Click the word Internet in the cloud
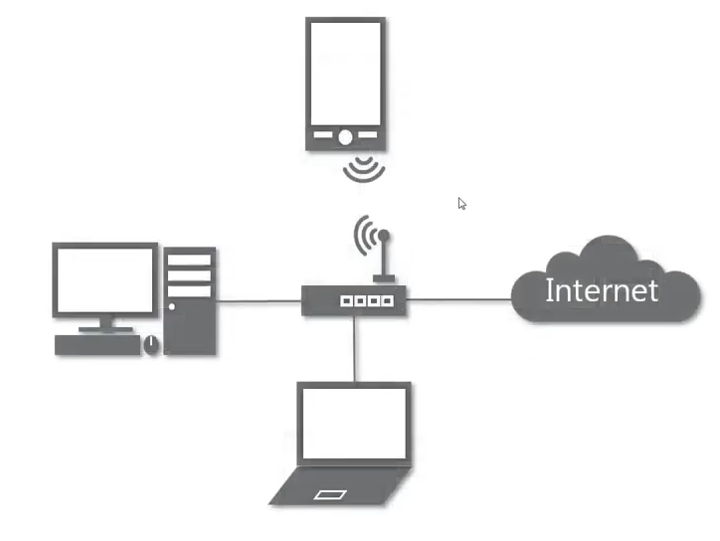click(x=601, y=290)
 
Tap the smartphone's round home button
click(x=344, y=137)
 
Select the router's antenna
click(x=384, y=257)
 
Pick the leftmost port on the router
click(x=346, y=299)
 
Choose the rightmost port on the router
click(x=389, y=299)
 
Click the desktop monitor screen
click(x=104, y=279)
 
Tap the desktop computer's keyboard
click(x=95, y=345)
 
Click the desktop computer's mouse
click(x=151, y=344)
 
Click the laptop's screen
click(x=355, y=423)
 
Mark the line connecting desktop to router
click(x=259, y=299)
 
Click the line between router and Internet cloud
click(x=458, y=297)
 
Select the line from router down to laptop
click(x=354, y=348)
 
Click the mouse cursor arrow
click(x=461, y=203)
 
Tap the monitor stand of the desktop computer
click(x=104, y=323)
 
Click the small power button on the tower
click(x=172, y=306)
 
